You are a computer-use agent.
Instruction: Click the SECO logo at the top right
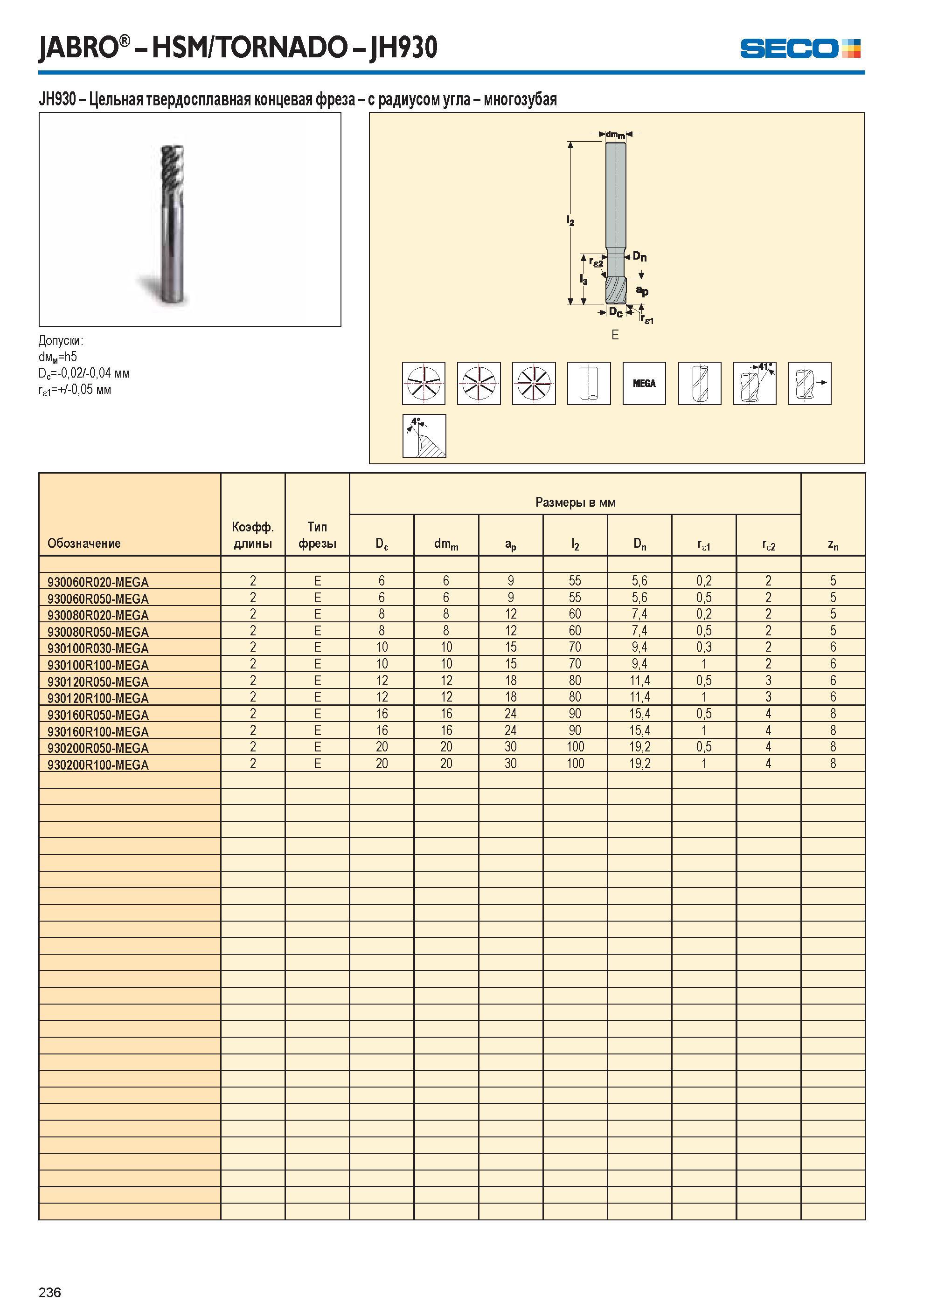point(800,48)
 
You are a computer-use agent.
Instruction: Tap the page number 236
point(50,1292)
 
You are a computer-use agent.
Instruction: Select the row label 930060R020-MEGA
point(98,582)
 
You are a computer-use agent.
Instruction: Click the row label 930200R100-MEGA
point(98,765)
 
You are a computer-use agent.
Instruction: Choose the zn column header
point(833,544)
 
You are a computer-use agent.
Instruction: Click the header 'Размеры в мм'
point(575,503)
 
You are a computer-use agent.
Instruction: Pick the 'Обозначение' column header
point(84,543)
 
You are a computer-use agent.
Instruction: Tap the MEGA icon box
point(644,383)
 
